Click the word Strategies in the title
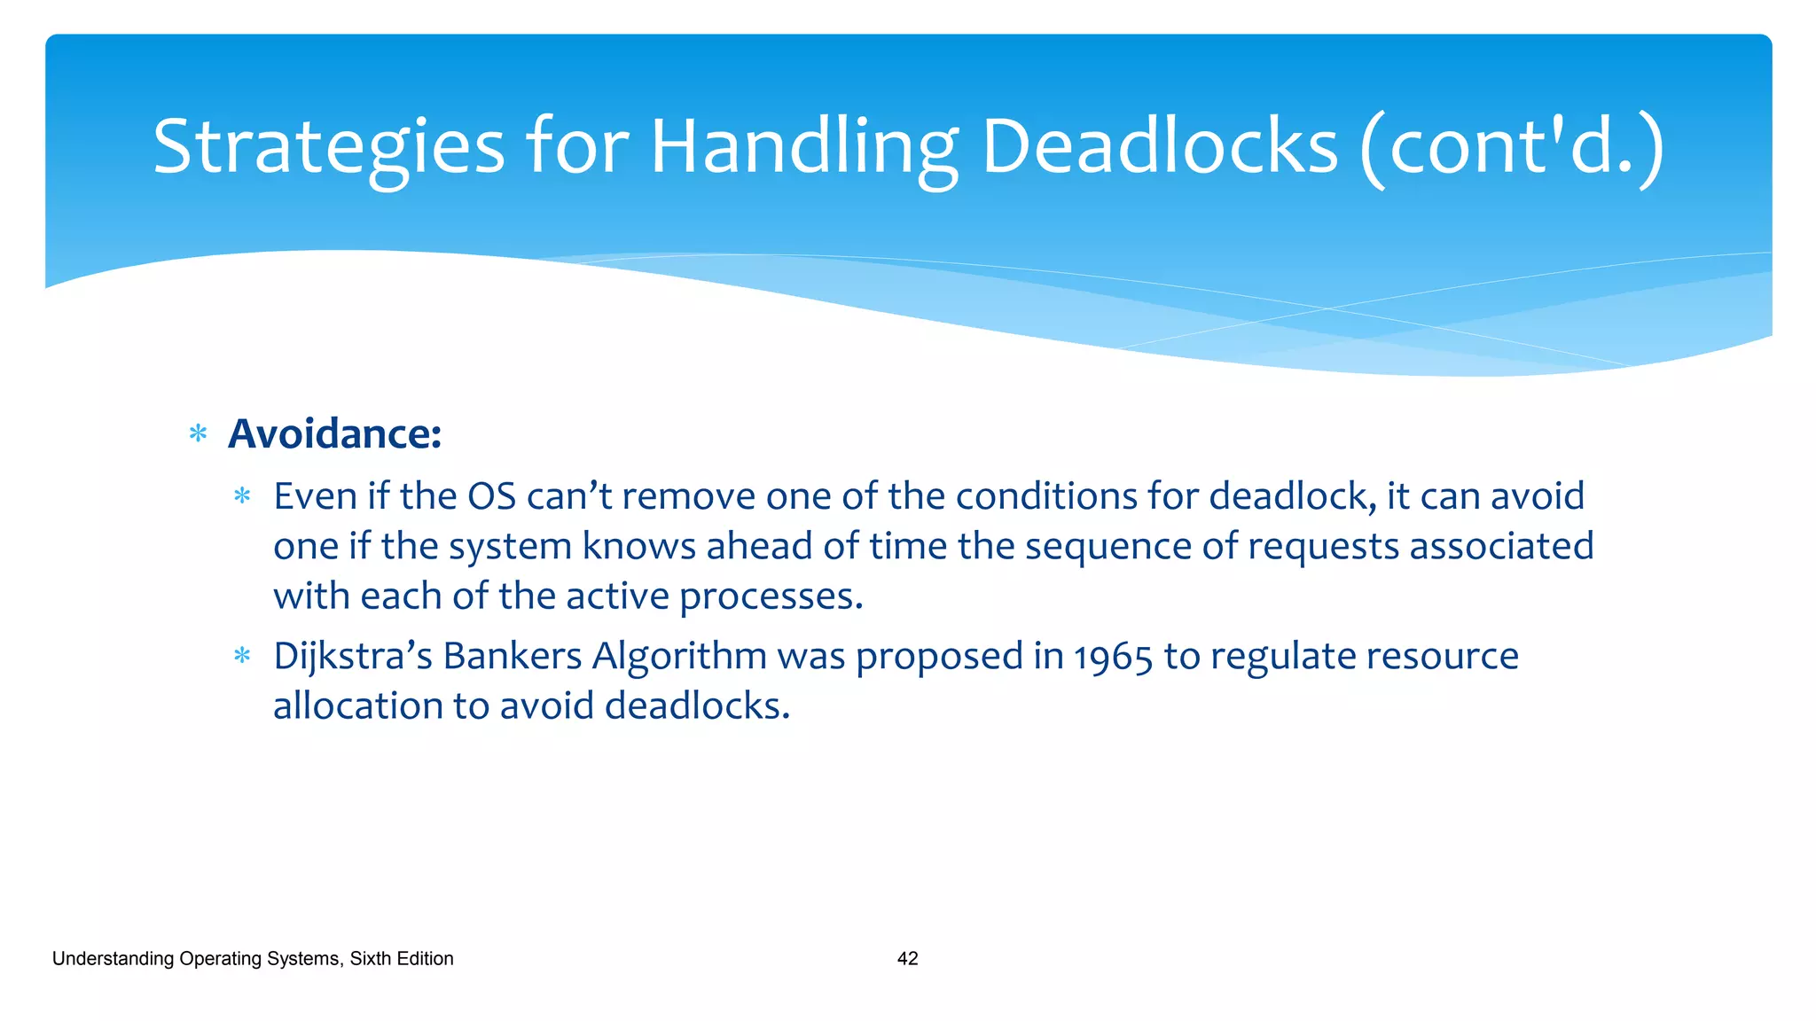(328, 147)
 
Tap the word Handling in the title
(803, 147)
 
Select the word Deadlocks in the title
(1159, 147)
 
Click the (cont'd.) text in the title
(1513, 147)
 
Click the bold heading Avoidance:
(334, 434)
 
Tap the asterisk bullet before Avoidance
(198, 434)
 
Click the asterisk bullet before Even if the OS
(242, 496)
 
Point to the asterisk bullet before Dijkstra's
(242, 657)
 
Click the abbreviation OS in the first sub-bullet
(491, 496)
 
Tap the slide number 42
(907, 958)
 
